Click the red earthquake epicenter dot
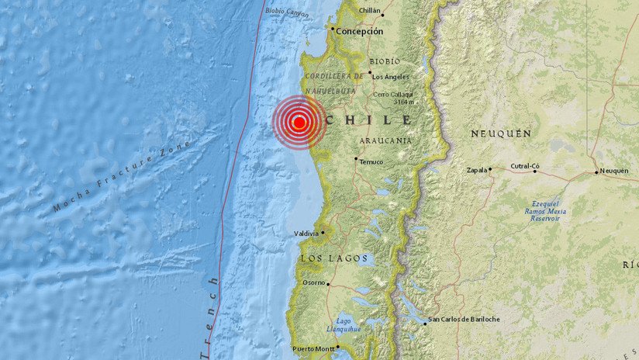click(299, 122)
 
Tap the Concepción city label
click(359, 31)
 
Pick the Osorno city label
click(314, 283)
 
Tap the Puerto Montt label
click(315, 349)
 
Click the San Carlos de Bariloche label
click(465, 319)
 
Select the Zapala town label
click(477, 170)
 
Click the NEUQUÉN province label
click(501, 133)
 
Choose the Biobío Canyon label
click(286, 12)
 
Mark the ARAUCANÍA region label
click(385, 140)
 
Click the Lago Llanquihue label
click(349, 324)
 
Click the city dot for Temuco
click(356, 160)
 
